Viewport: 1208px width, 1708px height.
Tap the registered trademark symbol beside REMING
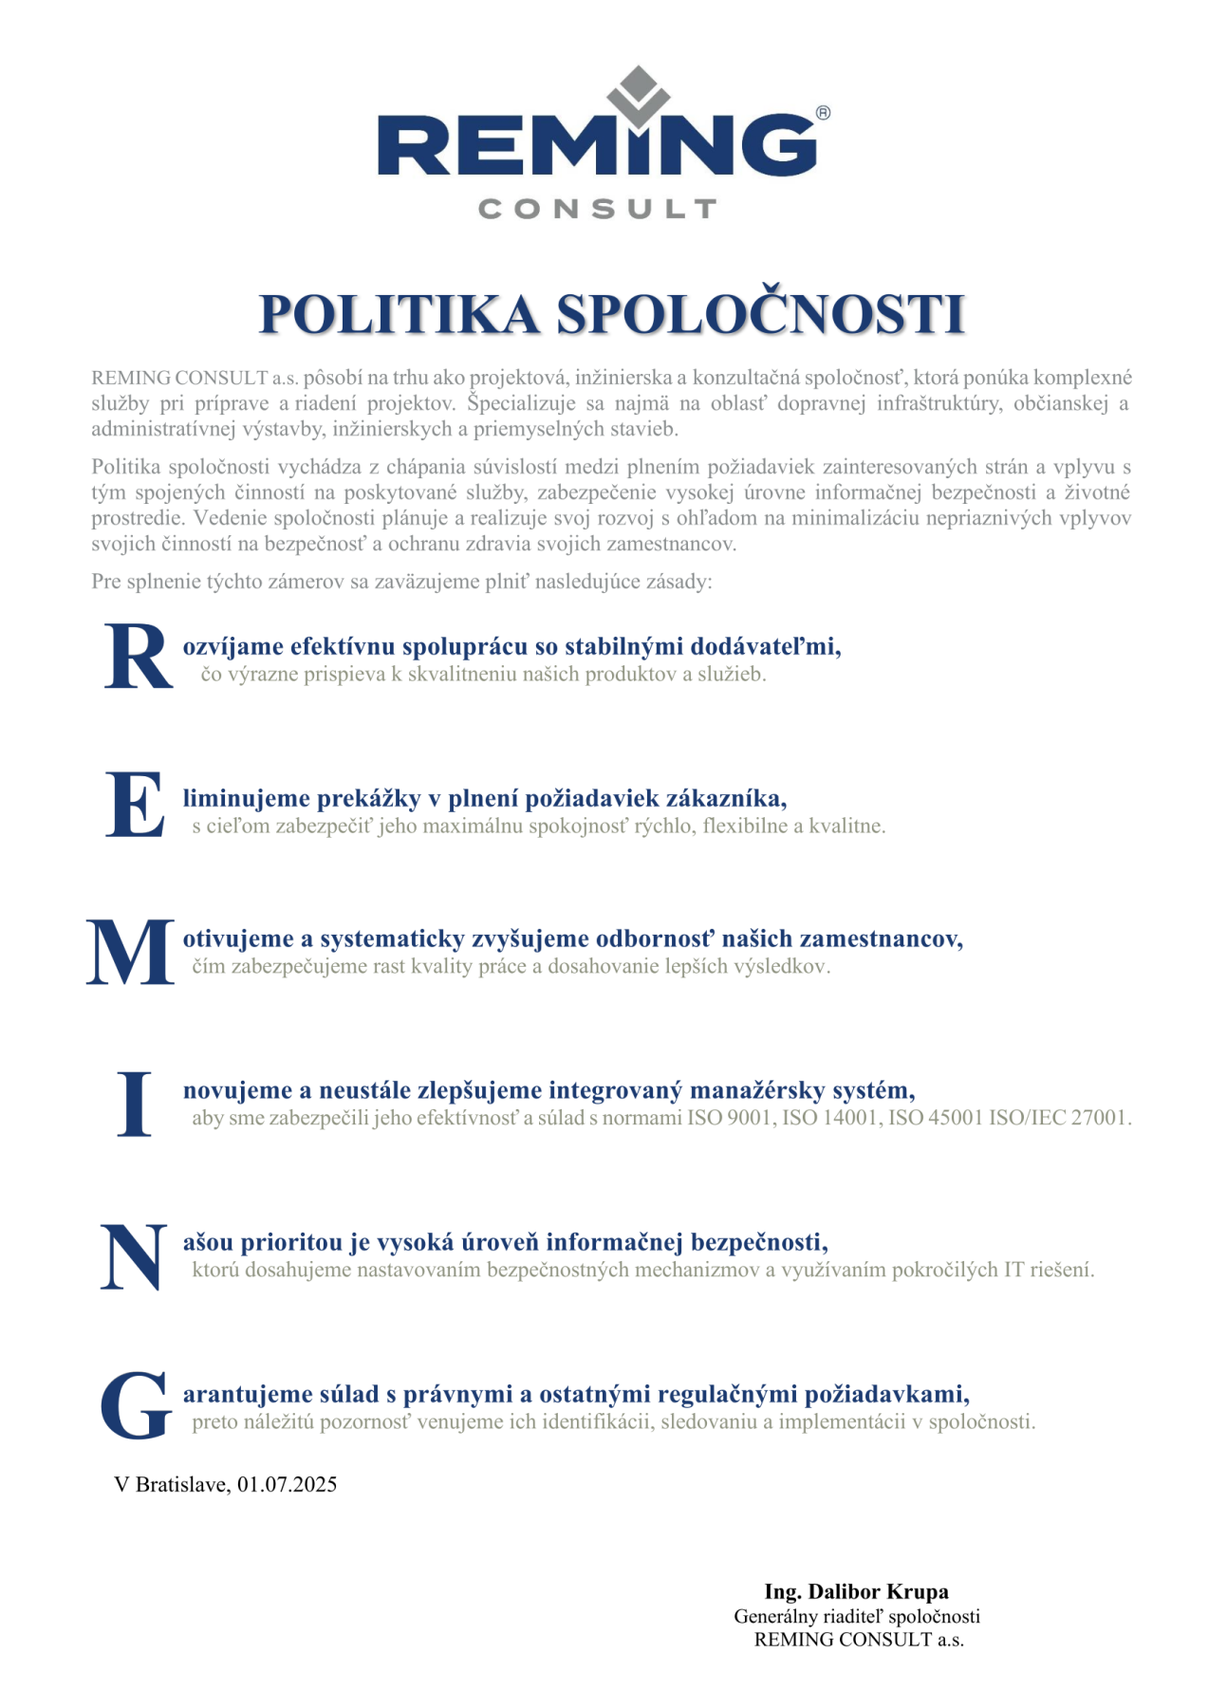coord(823,113)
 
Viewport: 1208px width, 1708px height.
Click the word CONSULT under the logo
coord(597,209)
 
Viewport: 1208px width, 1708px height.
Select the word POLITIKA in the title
coord(400,314)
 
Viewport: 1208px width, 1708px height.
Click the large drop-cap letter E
coord(135,805)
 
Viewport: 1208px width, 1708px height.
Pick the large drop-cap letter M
coord(131,952)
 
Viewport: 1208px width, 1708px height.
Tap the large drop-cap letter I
coord(135,1104)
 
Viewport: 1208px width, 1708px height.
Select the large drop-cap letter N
coord(134,1256)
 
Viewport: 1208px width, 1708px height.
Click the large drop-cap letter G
coord(136,1405)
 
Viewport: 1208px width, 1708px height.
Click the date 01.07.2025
coord(287,1485)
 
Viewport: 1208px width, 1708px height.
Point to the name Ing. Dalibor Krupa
coord(856,1591)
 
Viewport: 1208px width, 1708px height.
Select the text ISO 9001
coord(729,1118)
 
